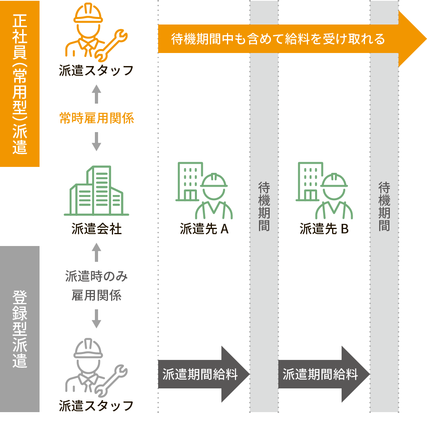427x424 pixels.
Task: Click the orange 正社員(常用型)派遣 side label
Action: click(x=20, y=83)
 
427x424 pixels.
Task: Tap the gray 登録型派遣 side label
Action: click(x=20, y=329)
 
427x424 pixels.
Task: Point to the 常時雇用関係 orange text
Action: click(x=96, y=118)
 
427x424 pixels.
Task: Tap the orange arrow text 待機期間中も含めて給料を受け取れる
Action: click(x=278, y=39)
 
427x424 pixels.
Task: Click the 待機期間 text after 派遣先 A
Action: click(x=264, y=206)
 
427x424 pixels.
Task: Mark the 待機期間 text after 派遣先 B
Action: click(x=384, y=206)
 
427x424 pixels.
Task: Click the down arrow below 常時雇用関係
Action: click(x=96, y=141)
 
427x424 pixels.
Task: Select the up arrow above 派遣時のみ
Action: click(x=96, y=252)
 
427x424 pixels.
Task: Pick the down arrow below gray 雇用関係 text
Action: click(x=96, y=319)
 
